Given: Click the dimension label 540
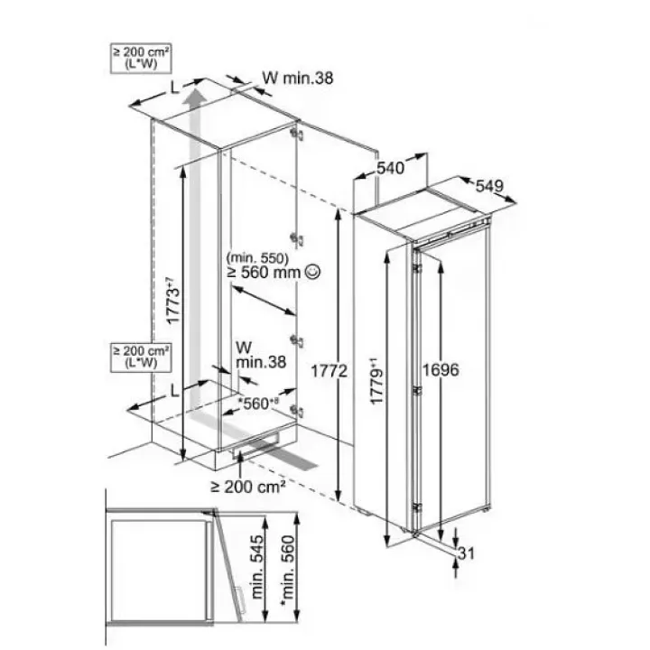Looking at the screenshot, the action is [x=390, y=168].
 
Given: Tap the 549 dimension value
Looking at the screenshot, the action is [x=489, y=186].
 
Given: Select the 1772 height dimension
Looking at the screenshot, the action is [x=330, y=371].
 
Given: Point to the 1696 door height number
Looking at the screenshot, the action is [x=441, y=370].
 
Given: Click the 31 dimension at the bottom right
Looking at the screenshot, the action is [x=466, y=553].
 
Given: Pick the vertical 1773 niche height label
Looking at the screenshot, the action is [x=173, y=300].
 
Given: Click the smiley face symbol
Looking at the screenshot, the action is [x=312, y=272].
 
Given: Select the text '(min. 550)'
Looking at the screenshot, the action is [x=257, y=258].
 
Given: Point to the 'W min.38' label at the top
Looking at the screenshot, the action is [x=298, y=78].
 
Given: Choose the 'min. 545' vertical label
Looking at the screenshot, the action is [x=257, y=568].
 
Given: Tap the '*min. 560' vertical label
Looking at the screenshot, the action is [x=287, y=572].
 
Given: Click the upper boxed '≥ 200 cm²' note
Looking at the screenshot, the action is [x=141, y=58].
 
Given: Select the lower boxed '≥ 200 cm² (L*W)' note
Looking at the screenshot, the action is [x=141, y=357].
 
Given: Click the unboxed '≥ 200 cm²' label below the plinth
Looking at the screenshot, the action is [x=248, y=487].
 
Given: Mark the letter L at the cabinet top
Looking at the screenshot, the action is [x=175, y=88].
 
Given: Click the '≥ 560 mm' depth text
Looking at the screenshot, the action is [x=263, y=272].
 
